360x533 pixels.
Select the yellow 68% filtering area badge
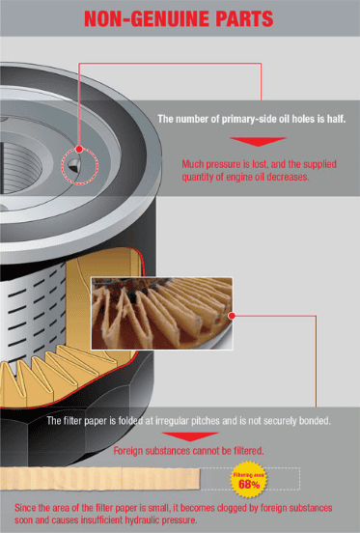(x=249, y=480)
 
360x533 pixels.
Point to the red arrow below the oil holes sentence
(x=258, y=141)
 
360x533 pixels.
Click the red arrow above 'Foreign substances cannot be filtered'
(x=190, y=436)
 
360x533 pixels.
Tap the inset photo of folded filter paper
(x=162, y=314)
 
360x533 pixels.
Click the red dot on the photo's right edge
(x=232, y=316)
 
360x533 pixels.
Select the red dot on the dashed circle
(x=79, y=149)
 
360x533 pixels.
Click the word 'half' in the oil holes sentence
(x=336, y=119)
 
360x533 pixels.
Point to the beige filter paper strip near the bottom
(x=99, y=479)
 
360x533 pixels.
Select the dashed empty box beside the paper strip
(x=250, y=479)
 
